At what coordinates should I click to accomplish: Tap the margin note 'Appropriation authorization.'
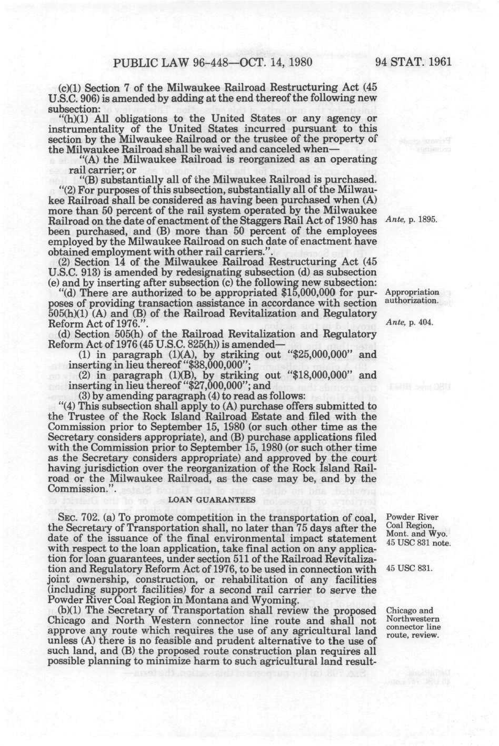coord(412,297)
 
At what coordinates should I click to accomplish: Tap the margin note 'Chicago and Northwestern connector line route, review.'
coord(413,622)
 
